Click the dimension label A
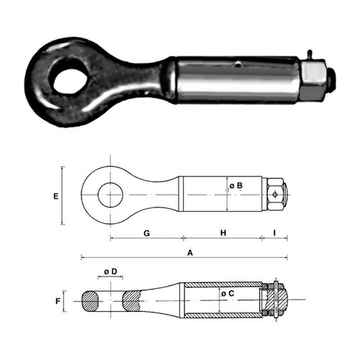(190, 253)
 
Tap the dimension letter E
(56, 197)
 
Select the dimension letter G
(147, 233)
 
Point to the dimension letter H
(223, 233)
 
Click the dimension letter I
(274, 233)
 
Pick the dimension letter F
(58, 301)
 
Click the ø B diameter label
(236, 186)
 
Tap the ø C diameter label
(228, 293)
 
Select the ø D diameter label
(111, 271)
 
